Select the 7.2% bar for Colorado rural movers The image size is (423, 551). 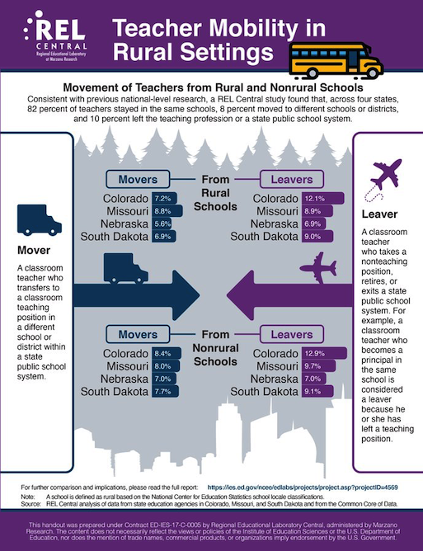(x=162, y=199)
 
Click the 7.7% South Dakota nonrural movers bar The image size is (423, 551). (x=162, y=392)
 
